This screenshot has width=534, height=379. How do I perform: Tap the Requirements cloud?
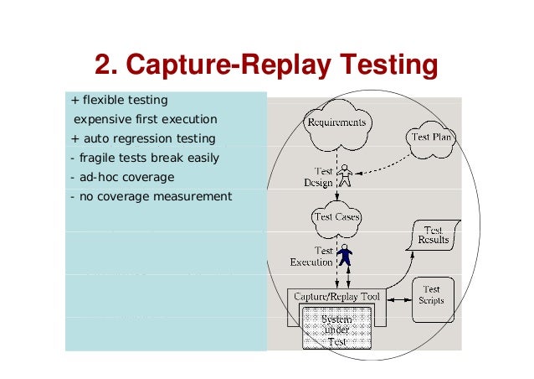[x=336, y=124]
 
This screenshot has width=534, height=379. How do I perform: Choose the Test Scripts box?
[x=432, y=296]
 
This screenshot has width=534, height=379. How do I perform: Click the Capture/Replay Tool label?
[x=336, y=297]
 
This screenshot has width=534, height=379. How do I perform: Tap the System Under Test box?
[x=336, y=330]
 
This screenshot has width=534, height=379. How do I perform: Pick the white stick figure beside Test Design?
[x=345, y=176]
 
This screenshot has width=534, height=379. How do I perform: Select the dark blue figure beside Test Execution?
[x=345, y=255]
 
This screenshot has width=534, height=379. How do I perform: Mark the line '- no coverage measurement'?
[x=150, y=196]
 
